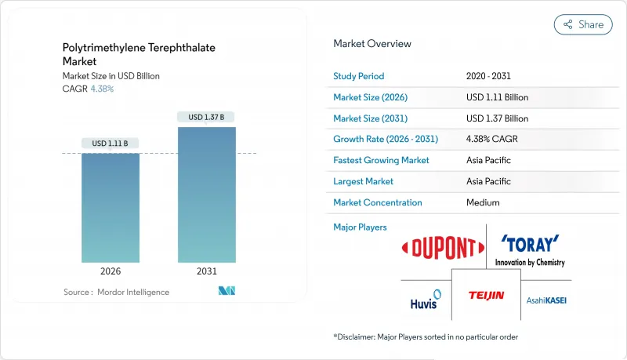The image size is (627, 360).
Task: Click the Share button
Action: point(583,24)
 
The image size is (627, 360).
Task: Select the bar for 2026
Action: point(111,208)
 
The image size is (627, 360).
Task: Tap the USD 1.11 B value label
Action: point(111,144)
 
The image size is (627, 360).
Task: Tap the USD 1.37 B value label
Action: point(207,117)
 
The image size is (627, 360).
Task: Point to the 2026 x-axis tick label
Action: point(111,272)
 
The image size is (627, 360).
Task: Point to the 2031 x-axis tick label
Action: point(207,272)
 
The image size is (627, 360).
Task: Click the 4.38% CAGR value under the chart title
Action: point(102,89)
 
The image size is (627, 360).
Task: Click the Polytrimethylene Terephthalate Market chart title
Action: point(139,54)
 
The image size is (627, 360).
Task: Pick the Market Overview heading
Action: point(372,44)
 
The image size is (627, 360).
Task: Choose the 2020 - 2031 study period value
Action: point(487,76)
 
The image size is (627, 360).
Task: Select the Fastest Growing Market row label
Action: point(382,160)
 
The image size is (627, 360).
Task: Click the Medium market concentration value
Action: point(483,202)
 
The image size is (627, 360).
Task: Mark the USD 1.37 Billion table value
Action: point(497,118)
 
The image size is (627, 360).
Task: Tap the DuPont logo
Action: point(442,249)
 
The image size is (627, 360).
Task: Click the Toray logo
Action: point(530,247)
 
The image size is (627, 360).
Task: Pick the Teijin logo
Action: point(486,296)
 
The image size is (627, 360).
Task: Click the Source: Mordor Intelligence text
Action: point(116,292)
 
